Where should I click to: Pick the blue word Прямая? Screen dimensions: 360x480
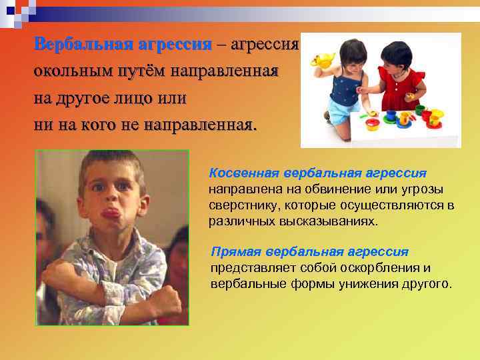point(235,252)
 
